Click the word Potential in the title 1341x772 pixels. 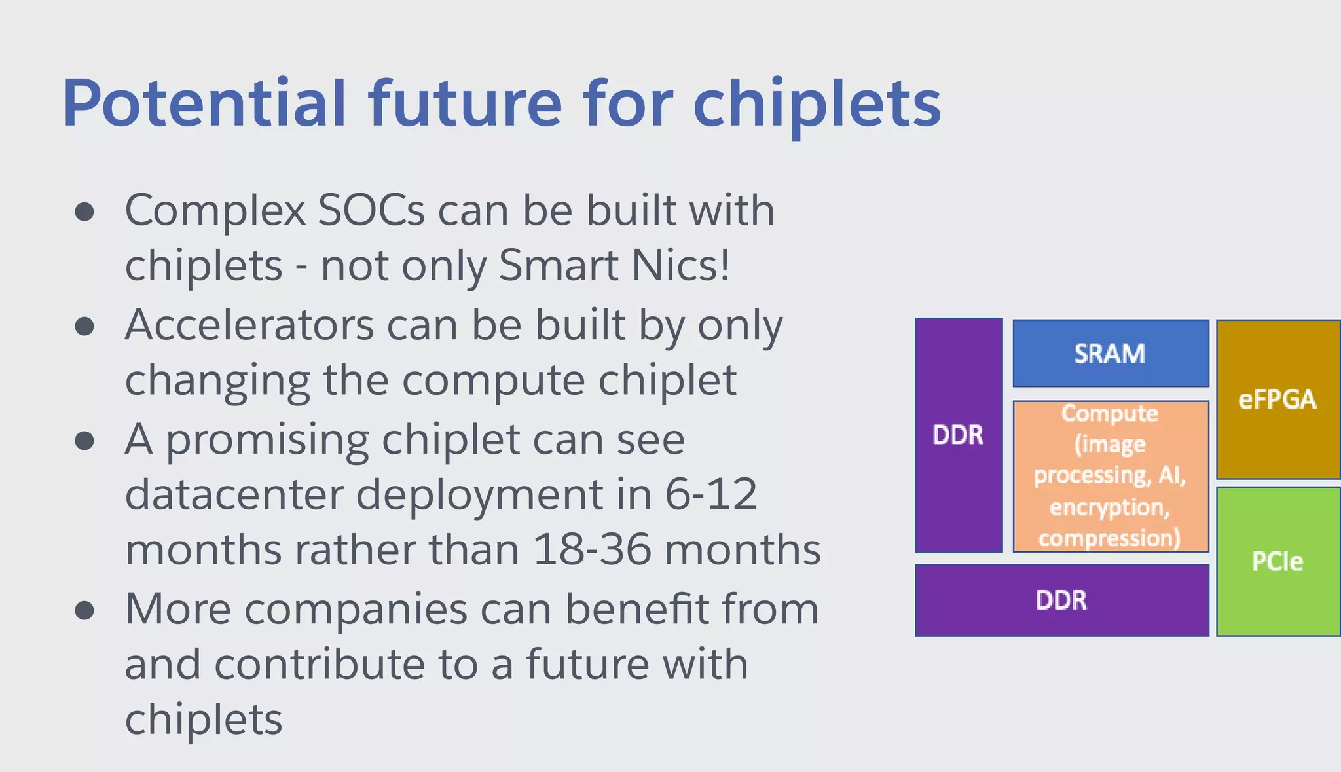point(204,103)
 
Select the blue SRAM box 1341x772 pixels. point(1110,354)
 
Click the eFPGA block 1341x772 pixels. point(1277,399)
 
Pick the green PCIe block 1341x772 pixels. point(1277,561)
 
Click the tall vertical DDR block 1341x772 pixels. point(958,435)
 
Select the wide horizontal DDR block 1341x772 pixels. point(1061,600)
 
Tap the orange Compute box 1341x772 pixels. point(1110,476)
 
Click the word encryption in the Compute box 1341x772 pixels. point(1109,507)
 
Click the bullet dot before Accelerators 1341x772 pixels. point(84,326)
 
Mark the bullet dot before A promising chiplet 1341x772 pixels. point(84,441)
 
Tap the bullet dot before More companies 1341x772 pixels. point(84,611)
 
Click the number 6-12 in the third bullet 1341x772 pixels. point(711,494)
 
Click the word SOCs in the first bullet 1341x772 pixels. point(371,211)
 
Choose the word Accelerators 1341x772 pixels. point(249,325)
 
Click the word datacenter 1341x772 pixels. point(234,494)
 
